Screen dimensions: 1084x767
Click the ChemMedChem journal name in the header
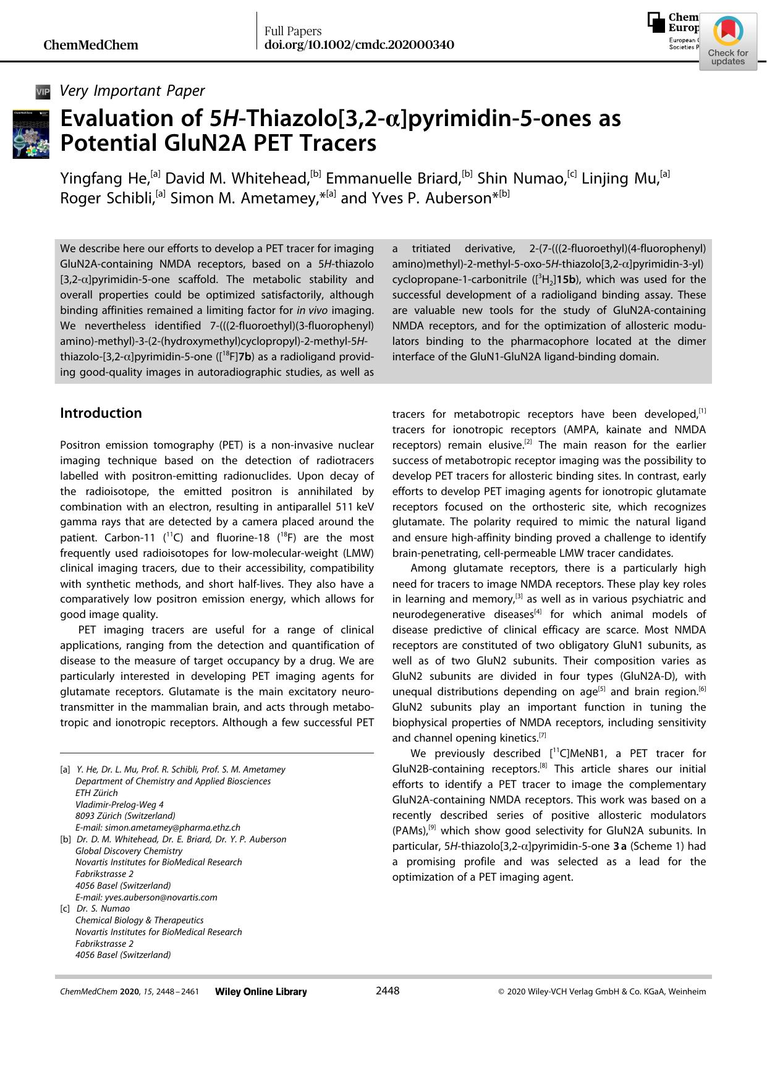[x=91, y=45]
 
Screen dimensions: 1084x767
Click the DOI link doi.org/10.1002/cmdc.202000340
[x=359, y=45]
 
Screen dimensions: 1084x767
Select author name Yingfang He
[x=104, y=179]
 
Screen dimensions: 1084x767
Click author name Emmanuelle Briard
[x=393, y=179]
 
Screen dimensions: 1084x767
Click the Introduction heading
[x=101, y=413]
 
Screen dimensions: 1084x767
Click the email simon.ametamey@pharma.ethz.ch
[x=158, y=828]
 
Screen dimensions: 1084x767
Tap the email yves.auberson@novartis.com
[x=146, y=897]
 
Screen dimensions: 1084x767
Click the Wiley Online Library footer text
[x=261, y=992]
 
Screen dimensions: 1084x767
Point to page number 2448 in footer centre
[x=388, y=991]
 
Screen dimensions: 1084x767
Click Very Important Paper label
[x=132, y=91]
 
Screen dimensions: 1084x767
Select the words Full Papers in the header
[x=293, y=31]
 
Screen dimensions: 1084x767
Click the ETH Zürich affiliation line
[x=96, y=793]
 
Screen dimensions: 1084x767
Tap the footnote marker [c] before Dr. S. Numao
[x=65, y=908]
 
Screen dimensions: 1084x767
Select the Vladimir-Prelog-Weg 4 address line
[x=119, y=805]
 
